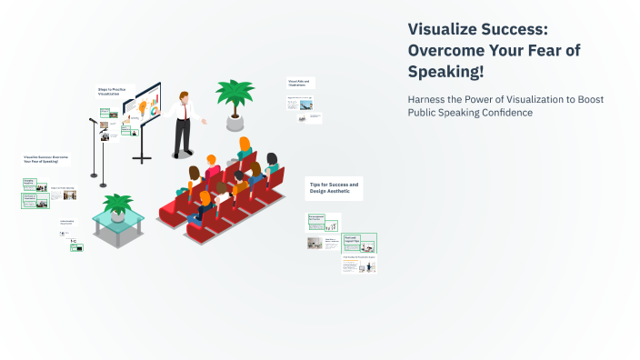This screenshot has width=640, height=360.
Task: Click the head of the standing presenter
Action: coord(185,96)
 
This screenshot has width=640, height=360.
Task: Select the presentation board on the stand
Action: coord(142,108)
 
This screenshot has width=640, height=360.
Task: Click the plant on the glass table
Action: coord(117,204)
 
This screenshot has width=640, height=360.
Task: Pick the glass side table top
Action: coord(116,218)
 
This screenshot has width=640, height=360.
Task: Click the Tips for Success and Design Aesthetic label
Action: coord(334,188)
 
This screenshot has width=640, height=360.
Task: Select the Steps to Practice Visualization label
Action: coord(115,92)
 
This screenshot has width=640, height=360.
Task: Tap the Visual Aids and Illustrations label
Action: coord(301,83)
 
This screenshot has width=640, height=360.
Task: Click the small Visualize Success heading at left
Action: coord(47,160)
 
